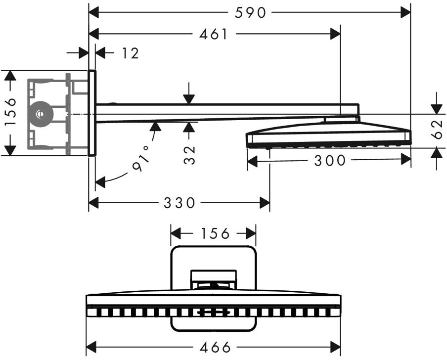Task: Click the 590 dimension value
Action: (250, 13)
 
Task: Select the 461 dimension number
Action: (214, 34)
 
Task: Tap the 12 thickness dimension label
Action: (130, 53)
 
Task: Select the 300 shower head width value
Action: (330, 160)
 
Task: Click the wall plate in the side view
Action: (92, 113)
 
